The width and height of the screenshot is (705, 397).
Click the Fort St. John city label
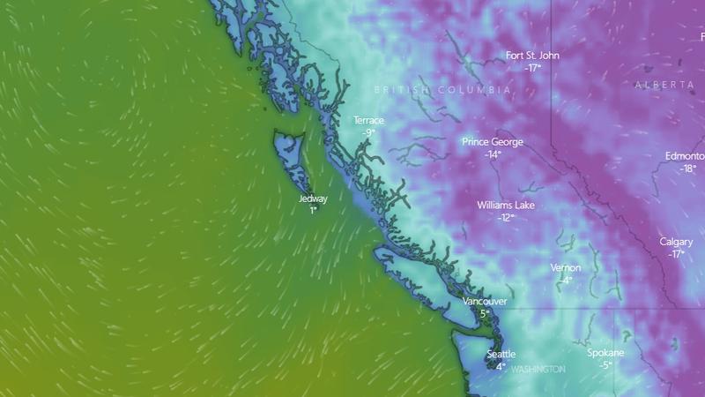point(532,56)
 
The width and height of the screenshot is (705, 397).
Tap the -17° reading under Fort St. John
point(532,67)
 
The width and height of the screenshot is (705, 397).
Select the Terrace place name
point(368,120)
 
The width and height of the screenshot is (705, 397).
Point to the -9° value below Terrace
point(368,132)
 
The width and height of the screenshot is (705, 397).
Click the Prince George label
point(493,142)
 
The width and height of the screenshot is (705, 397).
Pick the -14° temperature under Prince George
point(493,154)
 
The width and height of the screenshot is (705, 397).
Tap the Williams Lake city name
point(506,206)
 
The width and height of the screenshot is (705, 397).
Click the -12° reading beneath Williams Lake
point(506,217)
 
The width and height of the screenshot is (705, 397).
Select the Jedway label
point(313,199)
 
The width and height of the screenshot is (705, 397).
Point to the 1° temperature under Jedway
point(313,211)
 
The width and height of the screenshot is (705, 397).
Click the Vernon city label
point(566,268)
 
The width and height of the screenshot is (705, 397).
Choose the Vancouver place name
point(485,302)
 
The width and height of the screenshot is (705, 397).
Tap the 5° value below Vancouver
point(485,313)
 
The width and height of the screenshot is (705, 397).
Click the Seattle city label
point(501,355)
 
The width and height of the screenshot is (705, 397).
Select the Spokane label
point(605,354)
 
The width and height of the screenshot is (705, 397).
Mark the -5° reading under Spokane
point(605,365)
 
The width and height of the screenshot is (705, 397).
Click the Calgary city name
point(676,242)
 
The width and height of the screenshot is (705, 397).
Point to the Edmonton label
point(685,156)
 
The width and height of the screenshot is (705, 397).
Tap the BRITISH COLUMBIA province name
point(442,91)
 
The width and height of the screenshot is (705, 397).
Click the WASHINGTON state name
point(538,369)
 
